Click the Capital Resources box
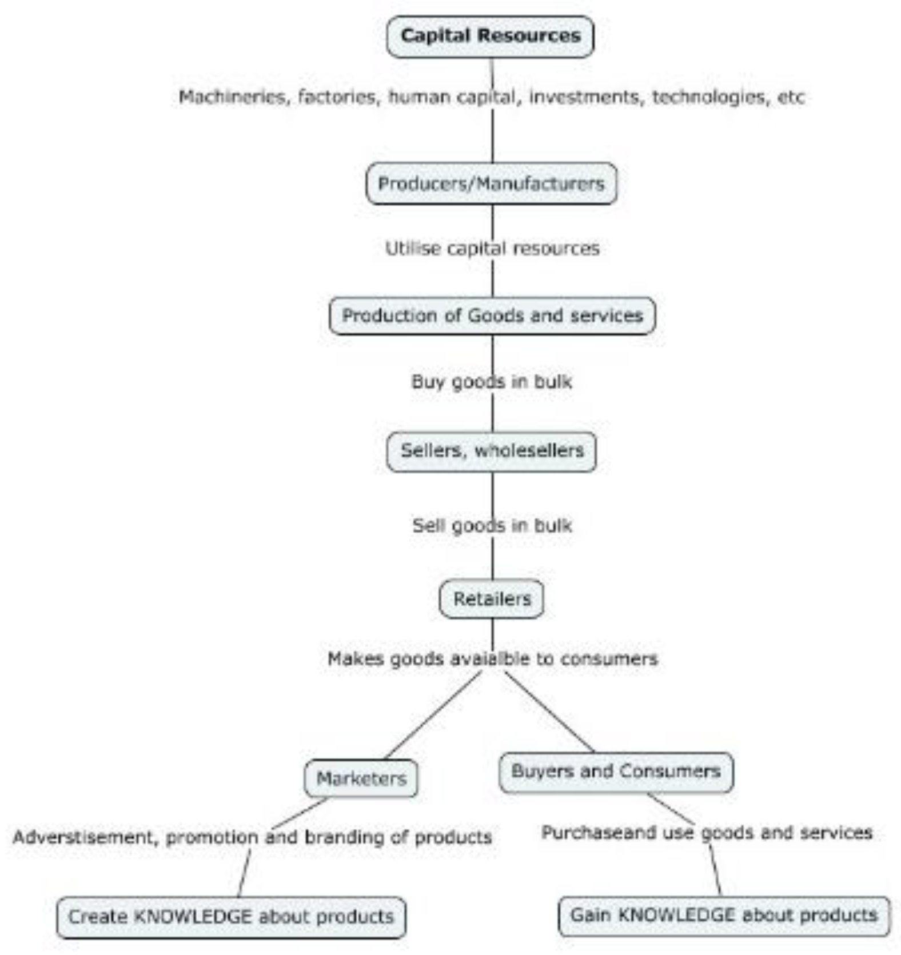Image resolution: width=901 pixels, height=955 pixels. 490,37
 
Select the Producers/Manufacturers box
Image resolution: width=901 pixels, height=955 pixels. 491,183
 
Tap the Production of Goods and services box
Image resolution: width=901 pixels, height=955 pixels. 492,315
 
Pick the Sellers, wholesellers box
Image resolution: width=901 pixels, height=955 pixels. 492,451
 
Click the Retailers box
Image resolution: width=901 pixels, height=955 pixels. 492,599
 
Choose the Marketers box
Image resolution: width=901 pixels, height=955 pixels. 361,778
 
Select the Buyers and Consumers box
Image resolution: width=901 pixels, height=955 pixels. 616,772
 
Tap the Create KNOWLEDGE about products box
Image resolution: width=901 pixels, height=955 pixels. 231,917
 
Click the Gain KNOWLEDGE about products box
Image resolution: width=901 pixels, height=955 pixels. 724,915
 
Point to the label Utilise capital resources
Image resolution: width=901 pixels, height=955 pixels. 492,249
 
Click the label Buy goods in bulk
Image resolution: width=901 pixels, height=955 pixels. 492,382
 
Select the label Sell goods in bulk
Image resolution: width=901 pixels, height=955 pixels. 492,526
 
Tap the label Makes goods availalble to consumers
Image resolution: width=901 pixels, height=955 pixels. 492,659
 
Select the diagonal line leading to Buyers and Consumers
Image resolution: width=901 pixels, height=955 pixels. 549,712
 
